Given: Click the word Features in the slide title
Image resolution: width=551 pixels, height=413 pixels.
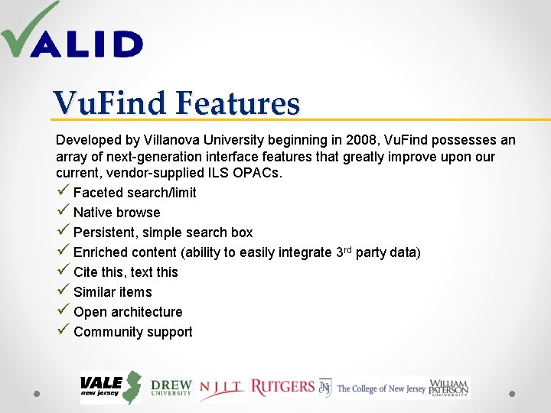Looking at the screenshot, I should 238,103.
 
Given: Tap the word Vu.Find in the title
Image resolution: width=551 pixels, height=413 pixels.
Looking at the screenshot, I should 109,103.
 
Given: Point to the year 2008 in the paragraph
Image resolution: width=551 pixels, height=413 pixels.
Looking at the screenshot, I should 360,141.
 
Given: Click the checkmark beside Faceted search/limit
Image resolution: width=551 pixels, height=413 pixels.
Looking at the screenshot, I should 63,192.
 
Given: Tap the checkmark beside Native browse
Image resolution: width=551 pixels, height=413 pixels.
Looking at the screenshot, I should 63,212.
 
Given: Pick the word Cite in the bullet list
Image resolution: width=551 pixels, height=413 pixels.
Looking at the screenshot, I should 86,272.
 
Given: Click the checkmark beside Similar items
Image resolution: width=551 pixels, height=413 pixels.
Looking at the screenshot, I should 63,291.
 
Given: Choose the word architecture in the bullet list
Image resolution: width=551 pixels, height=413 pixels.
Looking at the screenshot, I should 146,312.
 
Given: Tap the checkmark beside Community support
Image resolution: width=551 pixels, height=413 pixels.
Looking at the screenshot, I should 63,331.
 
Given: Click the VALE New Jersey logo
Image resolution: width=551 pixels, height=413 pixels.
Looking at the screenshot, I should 110,387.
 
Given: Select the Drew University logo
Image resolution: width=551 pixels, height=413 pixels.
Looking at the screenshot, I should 171,388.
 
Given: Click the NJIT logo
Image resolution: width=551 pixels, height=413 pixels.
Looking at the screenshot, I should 222,389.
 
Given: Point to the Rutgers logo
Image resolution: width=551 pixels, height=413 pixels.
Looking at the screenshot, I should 282,387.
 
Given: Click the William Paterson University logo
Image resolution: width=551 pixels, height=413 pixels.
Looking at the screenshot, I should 449,388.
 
